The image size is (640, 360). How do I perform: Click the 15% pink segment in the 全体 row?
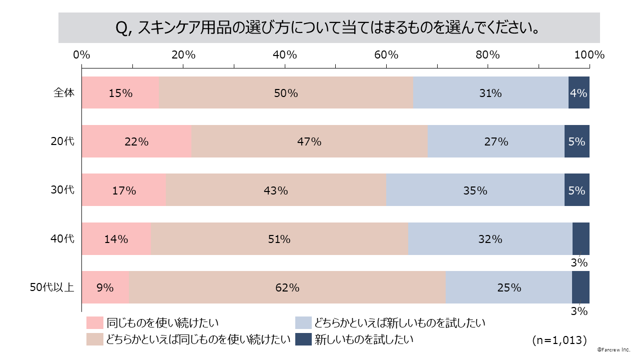[x=120, y=92]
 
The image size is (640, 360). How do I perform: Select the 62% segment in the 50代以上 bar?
[x=287, y=287]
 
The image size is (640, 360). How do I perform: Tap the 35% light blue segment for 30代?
[x=475, y=190]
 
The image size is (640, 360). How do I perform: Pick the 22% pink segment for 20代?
[x=136, y=141]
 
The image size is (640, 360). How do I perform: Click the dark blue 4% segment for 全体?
[x=579, y=92]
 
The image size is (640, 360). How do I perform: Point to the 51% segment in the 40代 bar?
[x=279, y=239]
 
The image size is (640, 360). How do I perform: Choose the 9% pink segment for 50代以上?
[x=105, y=287]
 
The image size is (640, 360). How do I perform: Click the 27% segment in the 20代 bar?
[x=496, y=141]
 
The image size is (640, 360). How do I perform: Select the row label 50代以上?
[x=52, y=287]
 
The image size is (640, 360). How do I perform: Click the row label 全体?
[x=64, y=92]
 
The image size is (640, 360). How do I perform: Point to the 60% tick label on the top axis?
[x=386, y=54]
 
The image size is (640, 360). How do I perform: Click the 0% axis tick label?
[x=81, y=54]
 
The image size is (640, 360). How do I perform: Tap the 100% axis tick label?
[x=589, y=54]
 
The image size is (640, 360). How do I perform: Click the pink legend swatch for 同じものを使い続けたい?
[x=94, y=323]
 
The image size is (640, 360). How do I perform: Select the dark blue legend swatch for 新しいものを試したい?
[x=303, y=339]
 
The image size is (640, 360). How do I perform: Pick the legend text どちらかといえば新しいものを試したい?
[x=400, y=323]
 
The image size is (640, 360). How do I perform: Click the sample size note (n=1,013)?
[x=559, y=340]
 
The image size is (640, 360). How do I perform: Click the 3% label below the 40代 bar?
[x=580, y=262]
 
